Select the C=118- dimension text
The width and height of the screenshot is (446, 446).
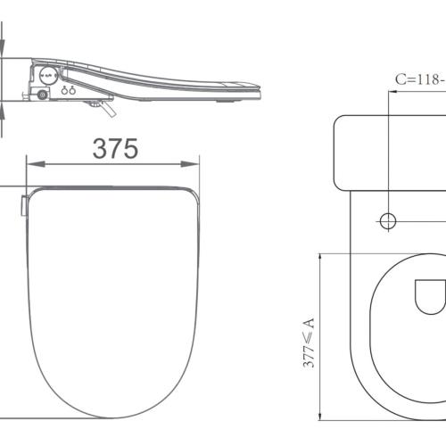coord(420,78)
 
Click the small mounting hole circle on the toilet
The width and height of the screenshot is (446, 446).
coord(388,219)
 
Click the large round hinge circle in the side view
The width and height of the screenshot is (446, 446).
coord(48,75)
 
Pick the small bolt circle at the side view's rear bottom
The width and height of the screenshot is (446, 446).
coord(41,94)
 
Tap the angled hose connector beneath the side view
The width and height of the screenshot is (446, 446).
coord(104,108)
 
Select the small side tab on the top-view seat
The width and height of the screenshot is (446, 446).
coord(22,203)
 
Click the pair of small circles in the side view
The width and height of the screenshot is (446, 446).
coord(68,89)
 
